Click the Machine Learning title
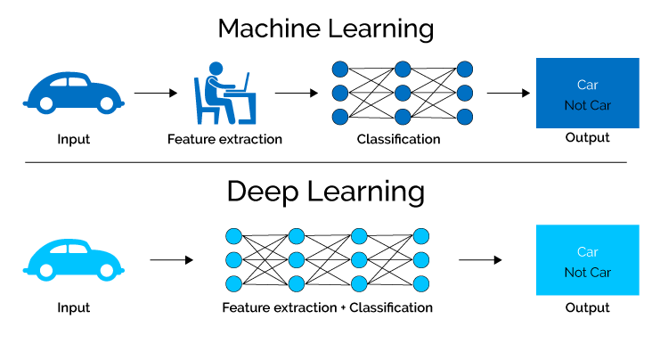(326, 28)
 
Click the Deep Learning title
(326, 191)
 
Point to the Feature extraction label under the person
(224, 139)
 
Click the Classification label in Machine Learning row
(398, 139)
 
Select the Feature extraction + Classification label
(327, 307)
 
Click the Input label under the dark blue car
(73, 139)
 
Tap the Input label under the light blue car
(73, 307)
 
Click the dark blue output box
(587, 93)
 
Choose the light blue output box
(587, 260)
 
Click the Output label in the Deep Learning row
(587, 307)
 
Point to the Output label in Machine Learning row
(587, 138)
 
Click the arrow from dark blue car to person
(155, 92)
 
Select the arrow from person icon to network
(296, 92)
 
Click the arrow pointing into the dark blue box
(509, 92)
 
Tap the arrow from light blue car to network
(171, 260)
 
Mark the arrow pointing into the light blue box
(480, 260)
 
